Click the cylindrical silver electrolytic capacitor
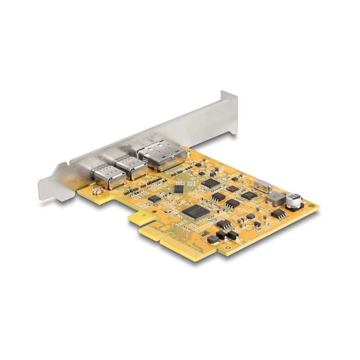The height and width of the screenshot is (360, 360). click(293, 200)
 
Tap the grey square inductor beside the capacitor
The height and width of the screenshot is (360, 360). click(275, 198)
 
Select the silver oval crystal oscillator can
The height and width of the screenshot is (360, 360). click(262, 185)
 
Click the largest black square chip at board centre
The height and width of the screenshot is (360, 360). click(196, 211)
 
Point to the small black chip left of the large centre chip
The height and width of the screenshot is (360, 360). click(154, 198)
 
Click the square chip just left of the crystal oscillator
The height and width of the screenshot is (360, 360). click(249, 195)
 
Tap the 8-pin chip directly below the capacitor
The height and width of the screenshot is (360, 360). click(279, 213)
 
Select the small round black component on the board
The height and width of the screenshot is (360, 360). click(250, 216)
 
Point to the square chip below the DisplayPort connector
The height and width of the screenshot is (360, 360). click(211, 183)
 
